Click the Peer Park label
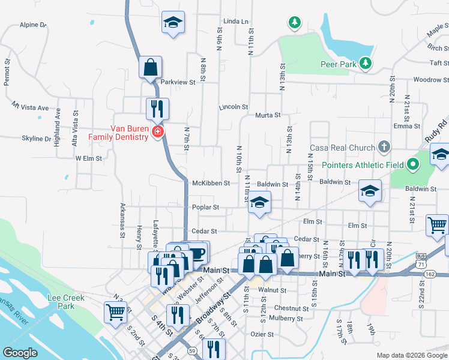coord(334,64)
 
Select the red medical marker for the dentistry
coord(158,131)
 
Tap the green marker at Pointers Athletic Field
coord(412,164)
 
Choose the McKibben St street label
coord(211,182)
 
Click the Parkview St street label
coord(178,82)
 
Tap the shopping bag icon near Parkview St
coord(150,68)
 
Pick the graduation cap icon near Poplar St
coord(259,202)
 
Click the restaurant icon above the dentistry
coord(157,109)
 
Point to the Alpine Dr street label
coord(33,25)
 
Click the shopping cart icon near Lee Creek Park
coord(115,311)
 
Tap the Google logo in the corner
coord(20,353)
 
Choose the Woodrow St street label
coord(427,80)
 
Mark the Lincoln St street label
coord(234,107)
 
